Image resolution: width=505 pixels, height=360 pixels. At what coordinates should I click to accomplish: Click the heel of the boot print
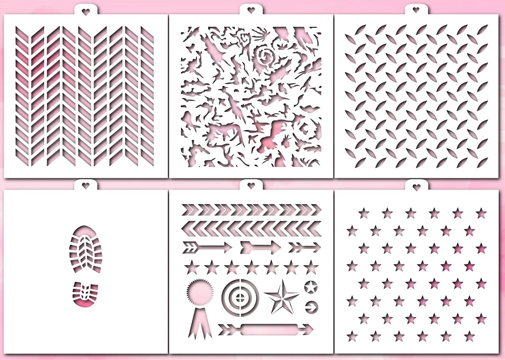(85, 294)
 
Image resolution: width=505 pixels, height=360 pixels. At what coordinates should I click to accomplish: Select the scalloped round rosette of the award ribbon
(200, 294)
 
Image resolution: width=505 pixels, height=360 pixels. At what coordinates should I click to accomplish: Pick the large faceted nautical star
(282, 297)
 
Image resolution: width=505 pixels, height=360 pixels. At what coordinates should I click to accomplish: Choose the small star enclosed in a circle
(311, 287)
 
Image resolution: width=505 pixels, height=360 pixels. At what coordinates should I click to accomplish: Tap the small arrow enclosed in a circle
(311, 307)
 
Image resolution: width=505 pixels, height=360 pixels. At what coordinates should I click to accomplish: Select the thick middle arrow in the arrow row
(260, 248)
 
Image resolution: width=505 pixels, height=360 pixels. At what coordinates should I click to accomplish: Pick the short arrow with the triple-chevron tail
(305, 248)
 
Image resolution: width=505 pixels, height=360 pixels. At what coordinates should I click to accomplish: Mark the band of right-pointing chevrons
(251, 210)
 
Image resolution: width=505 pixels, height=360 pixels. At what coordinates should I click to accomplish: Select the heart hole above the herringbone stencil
(86, 11)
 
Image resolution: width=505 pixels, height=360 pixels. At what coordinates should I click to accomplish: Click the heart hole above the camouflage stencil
(251, 11)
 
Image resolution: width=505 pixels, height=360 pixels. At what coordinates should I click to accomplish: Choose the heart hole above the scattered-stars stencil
(416, 187)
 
